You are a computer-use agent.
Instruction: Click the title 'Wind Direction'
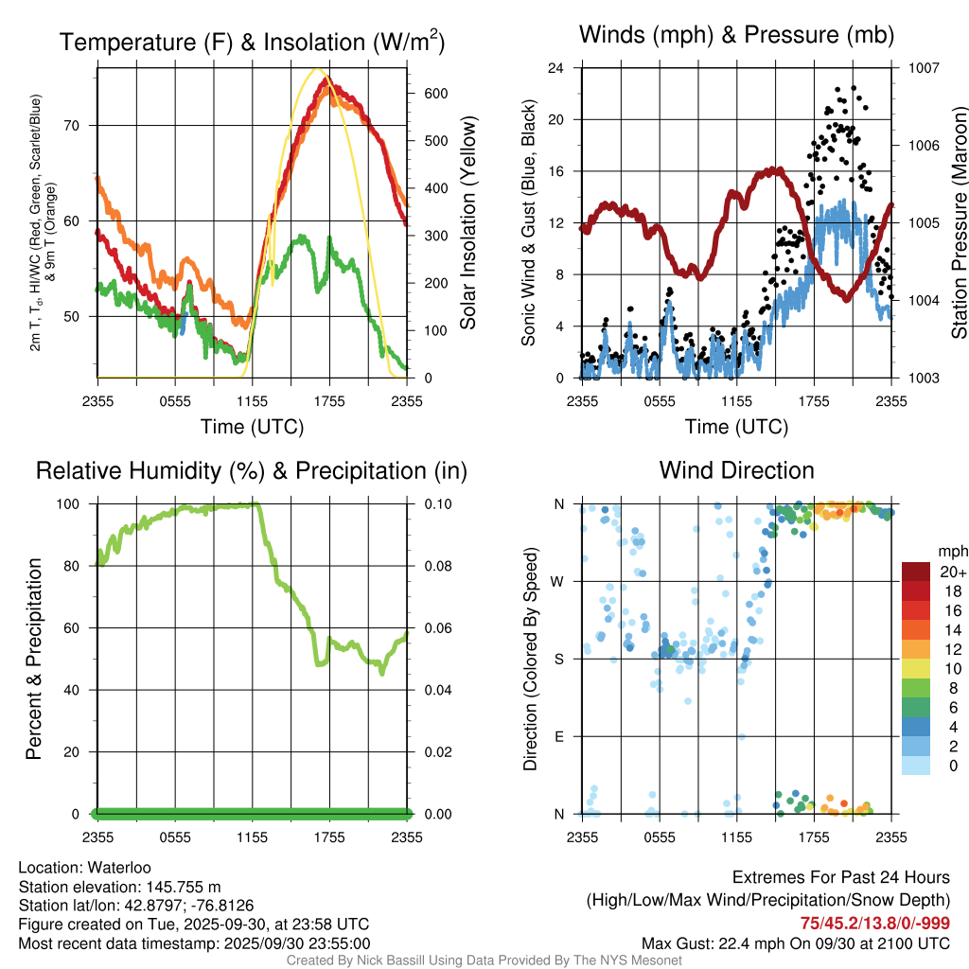pos(736,470)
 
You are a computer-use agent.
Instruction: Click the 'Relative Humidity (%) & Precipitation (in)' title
pos(251,470)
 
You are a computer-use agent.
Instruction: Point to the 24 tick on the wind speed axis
pos(556,68)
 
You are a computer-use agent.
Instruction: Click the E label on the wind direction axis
pos(557,736)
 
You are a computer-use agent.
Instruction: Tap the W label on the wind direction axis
pos(557,581)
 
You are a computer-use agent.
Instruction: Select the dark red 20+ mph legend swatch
pos(916,572)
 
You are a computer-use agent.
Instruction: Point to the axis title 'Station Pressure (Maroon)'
pos(959,222)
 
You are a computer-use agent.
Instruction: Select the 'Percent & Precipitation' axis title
pos(34,659)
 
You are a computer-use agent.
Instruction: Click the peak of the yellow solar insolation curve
pos(318,69)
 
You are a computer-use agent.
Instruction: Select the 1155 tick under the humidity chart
pos(252,837)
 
